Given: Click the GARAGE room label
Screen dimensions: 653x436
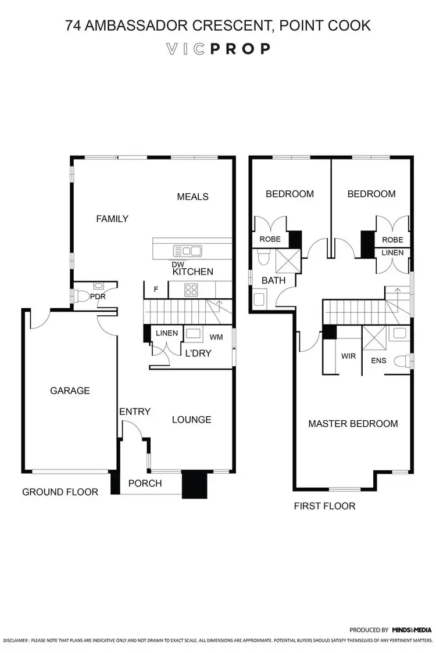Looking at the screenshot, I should coord(70,391).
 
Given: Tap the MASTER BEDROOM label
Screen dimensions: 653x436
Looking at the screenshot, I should coord(353,424).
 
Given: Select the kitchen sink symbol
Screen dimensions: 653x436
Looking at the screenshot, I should coord(187,251).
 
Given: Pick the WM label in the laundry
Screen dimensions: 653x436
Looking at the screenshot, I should coord(216,337).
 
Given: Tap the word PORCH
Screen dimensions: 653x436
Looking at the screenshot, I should coord(145,483).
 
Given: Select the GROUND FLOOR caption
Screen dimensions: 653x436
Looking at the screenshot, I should coord(60,492).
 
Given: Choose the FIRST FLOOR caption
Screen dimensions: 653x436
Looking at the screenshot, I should coord(324,506).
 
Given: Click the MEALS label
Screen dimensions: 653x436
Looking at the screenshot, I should coord(192,197).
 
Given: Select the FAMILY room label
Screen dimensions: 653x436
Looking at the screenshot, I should coord(112,219).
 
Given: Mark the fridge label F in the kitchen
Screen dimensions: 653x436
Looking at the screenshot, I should coord(155,288).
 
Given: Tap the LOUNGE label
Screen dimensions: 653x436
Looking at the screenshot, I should coord(191,420).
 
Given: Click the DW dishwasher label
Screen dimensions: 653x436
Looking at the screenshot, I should coord(178,264).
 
